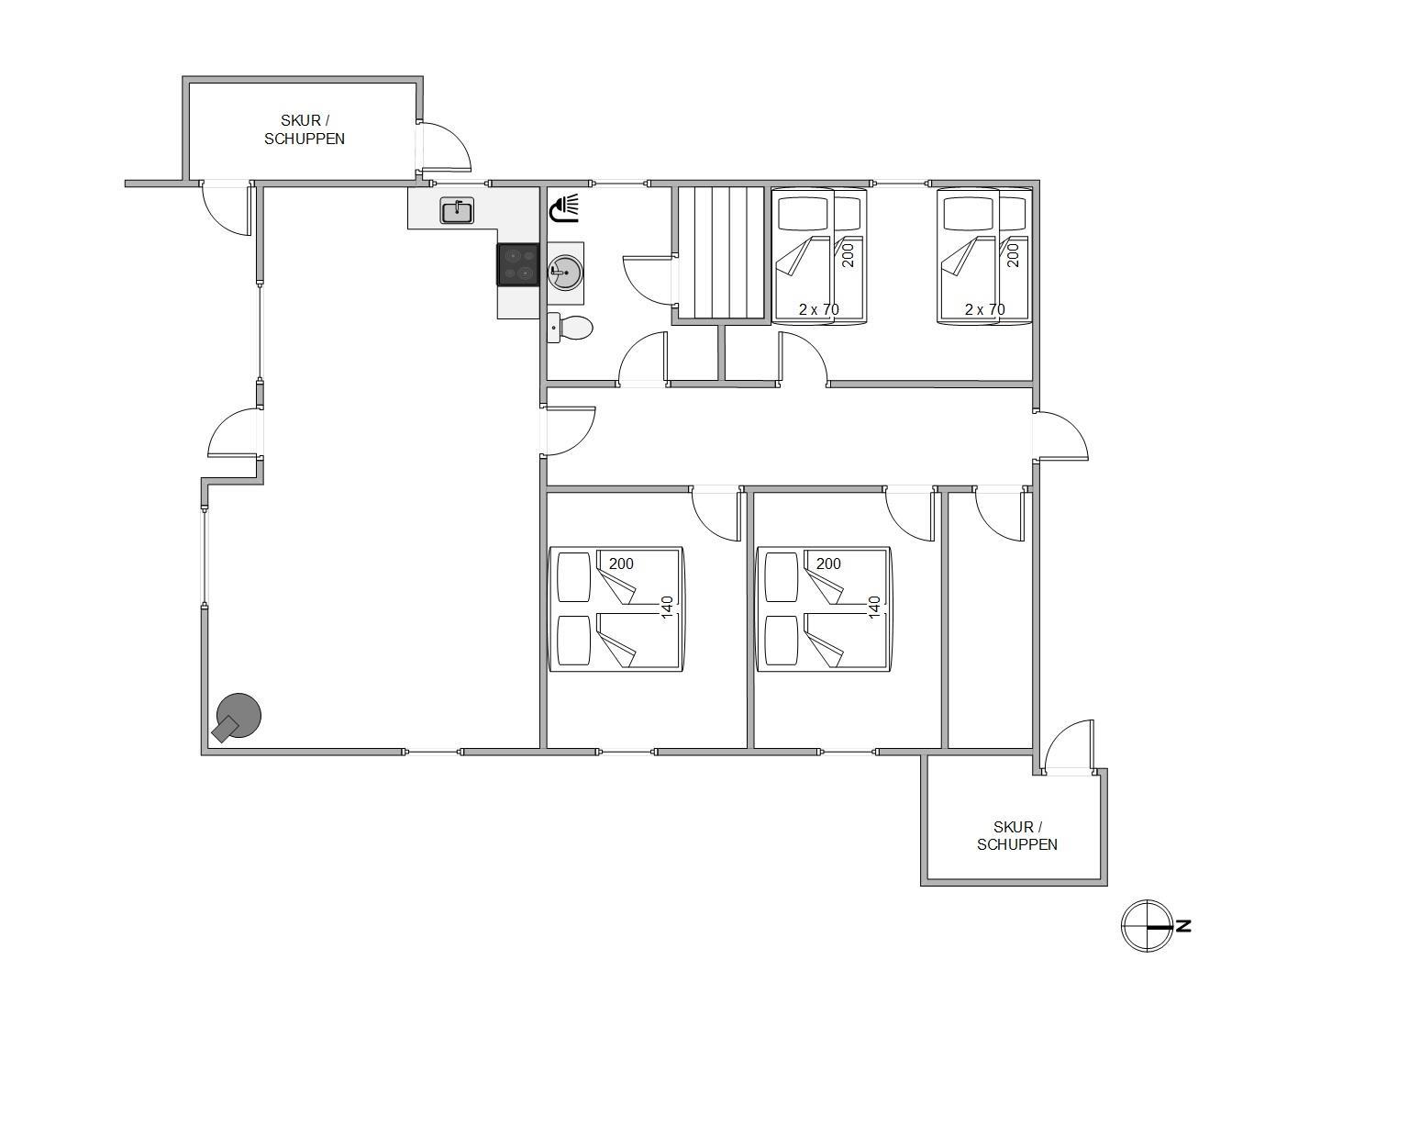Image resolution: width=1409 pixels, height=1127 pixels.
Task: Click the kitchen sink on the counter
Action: [456, 211]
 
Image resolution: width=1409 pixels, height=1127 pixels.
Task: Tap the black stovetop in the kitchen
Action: [518, 264]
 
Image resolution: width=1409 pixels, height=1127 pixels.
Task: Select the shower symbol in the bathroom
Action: [564, 207]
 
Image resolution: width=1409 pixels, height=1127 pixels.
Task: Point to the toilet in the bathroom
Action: [570, 328]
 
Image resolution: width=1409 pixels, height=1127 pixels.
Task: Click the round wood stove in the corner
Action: [236, 718]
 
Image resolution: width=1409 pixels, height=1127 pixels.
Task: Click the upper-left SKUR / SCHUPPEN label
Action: [305, 129]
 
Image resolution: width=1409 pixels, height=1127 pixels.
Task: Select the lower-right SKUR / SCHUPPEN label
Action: [1016, 836]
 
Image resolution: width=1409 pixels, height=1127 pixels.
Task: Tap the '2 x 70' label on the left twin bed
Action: [818, 309]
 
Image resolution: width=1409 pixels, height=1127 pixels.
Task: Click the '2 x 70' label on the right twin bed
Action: [984, 309]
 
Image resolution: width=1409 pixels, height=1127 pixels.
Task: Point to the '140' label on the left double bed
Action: [667, 608]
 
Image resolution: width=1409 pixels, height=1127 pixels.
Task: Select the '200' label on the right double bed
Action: [828, 563]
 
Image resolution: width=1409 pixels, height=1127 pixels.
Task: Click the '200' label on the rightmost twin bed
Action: [1013, 255]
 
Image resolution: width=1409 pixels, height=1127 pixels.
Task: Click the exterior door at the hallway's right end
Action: [1060, 436]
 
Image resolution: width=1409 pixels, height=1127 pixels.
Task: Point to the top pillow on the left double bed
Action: [574, 576]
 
